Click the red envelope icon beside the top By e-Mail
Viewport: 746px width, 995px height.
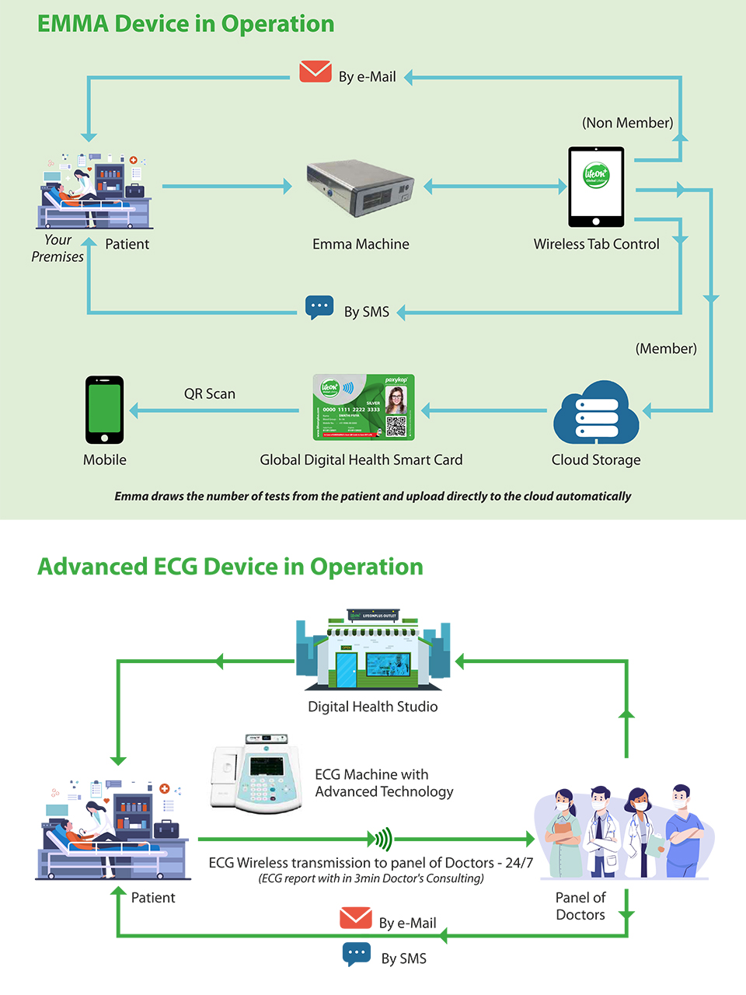[315, 72]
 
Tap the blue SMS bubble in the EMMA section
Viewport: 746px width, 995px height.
[319, 306]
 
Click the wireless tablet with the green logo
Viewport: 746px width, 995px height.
[596, 187]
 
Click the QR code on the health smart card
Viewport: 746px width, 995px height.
[396, 427]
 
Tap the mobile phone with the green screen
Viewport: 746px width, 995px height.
[104, 410]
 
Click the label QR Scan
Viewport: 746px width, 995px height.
[210, 394]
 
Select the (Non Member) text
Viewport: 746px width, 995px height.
[628, 123]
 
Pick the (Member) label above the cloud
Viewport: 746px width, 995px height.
[666, 348]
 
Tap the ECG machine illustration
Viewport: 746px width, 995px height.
[256, 773]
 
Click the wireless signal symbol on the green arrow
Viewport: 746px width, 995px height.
[381, 839]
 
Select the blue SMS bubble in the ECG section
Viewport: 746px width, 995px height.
[357, 953]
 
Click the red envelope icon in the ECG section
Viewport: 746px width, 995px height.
[356, 918]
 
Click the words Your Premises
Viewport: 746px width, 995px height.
[58, 248]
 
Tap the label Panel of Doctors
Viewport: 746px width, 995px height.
[580, 906]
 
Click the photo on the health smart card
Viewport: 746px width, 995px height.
[396, 400]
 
